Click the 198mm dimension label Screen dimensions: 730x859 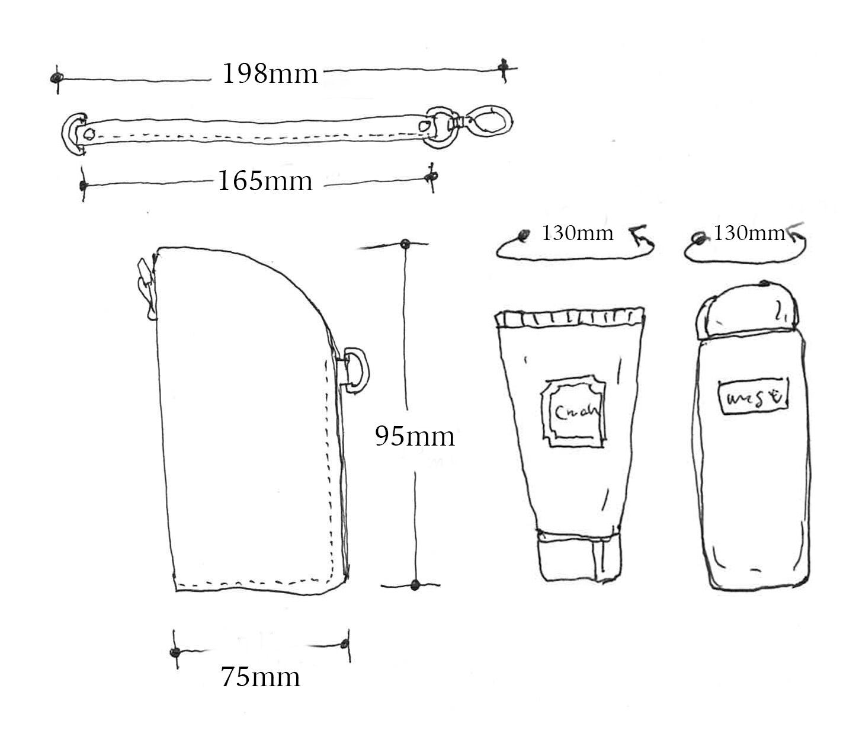coord(270,74)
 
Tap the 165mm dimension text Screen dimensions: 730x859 coord(265,181)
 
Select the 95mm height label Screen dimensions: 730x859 coord(415,437)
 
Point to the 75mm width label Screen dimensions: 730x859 coord(261,677)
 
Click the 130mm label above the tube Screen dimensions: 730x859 coord(577,233)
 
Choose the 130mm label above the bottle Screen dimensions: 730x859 coord(749,233)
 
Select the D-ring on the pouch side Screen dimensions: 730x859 coord(355,371)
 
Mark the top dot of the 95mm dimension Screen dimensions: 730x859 coord(405,244)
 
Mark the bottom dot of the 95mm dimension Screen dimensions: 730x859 coord(415,585)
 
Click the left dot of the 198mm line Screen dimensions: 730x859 coord(56,78)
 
